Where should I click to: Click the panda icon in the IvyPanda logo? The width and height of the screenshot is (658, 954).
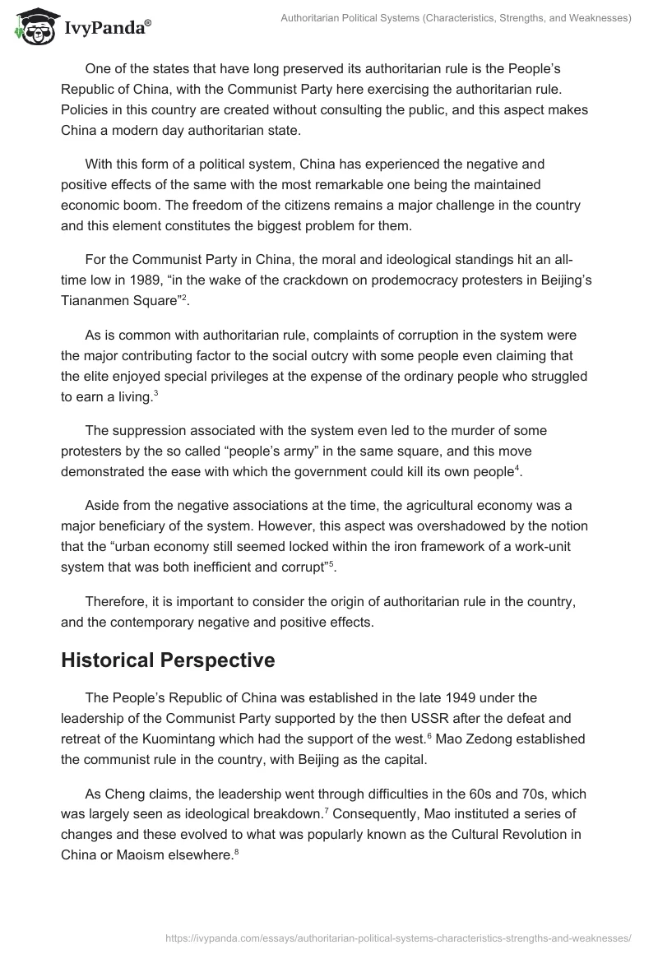click(34, 27)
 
